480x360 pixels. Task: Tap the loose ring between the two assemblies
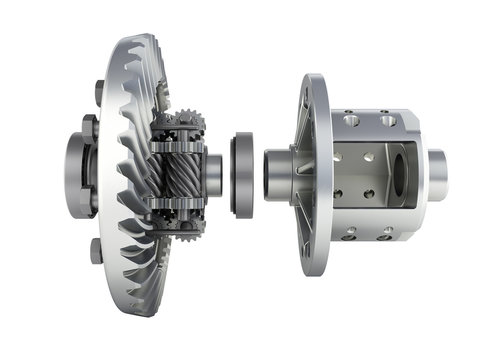click(x=242, y=173)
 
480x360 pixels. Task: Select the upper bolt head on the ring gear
click(x=99, y=92)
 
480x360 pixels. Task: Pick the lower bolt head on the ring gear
click(x=96, y=250)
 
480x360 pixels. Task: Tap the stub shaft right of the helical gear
click(x=212, y=173)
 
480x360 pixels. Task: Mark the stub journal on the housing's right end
click(x=437, y=173)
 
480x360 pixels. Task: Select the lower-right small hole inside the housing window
click(x=370, y=194)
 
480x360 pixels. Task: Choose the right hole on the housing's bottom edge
click(x=385, y=235)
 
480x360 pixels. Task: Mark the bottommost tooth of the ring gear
click(x=150, y=304)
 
